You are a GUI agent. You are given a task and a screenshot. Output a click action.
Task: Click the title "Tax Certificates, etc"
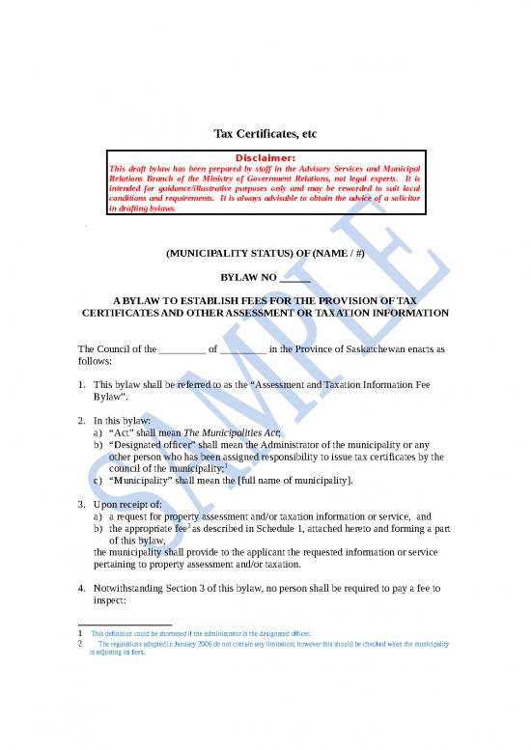click(265, 132)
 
